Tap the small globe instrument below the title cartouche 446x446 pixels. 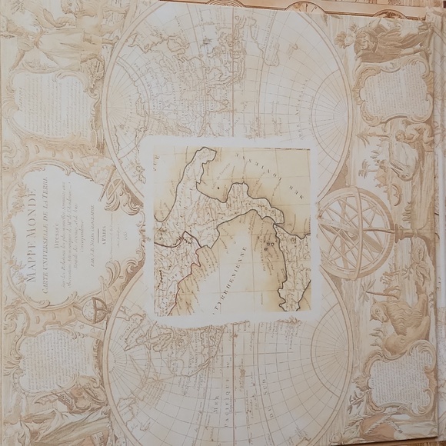(x=98, y=310)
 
